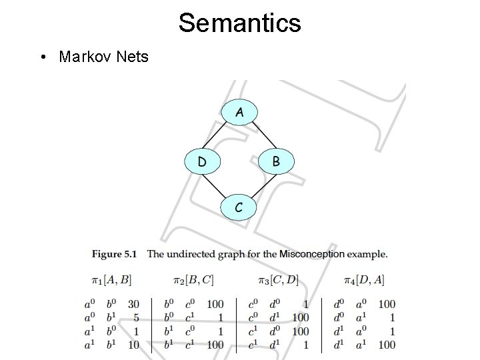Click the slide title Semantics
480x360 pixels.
[239, 23]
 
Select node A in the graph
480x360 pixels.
[239, 113]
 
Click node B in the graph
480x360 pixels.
[276, 161]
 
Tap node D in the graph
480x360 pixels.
[202, 161]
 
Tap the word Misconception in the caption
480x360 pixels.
[312, 254]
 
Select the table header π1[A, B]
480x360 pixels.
[112, 280]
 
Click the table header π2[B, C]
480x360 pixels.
[193, 280]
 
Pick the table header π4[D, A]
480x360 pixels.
[364, 280]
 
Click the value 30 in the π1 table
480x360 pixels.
[134, 305]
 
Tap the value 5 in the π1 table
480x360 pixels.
[137, 318]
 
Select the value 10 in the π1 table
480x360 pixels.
[134, 345]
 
